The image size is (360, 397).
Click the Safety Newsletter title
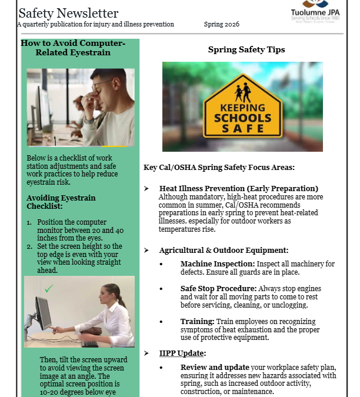point(68,13)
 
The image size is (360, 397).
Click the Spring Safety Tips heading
point(246,50)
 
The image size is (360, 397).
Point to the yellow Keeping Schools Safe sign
point(242,109)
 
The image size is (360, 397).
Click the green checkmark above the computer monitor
point(48,288)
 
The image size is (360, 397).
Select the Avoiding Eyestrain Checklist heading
point(61,202)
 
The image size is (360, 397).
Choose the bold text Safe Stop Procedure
point(218,289)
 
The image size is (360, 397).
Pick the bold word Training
point(198,322)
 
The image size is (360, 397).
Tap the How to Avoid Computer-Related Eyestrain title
point(72,48)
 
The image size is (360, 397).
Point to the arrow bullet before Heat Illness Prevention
point(146,188)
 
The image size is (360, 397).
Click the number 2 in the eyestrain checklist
point(29,246)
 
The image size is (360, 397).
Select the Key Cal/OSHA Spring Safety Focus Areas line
point(219,168)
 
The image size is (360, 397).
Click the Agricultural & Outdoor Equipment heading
point(224,250)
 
